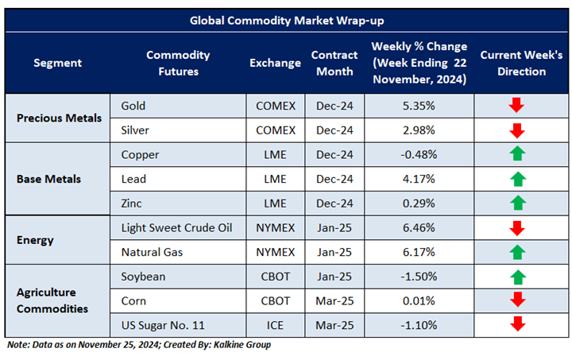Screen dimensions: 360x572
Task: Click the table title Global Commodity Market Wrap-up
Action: point(286,21)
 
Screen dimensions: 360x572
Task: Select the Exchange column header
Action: point(275,63)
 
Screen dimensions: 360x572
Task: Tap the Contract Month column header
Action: point(333,63)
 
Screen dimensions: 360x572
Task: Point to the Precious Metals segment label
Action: point(60,118)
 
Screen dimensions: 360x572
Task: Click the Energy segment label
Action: point(37,240)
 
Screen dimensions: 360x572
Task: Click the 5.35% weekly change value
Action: point(418,105)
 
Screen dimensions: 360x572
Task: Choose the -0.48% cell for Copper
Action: point(418,154)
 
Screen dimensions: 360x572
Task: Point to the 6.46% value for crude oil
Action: point(418,228)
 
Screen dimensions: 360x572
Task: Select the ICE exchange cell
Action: point(275,326)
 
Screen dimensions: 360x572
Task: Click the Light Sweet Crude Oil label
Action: point(176,228)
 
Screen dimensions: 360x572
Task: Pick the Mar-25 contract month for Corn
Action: point(333,301)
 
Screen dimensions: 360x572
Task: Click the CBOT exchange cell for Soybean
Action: point(275,277)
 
